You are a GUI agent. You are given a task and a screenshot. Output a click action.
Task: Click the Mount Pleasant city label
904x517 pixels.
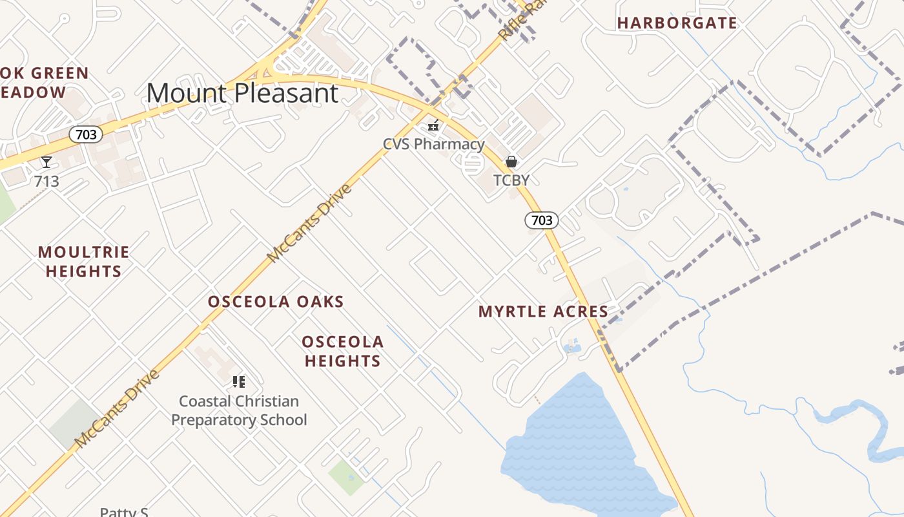tap(242, 93)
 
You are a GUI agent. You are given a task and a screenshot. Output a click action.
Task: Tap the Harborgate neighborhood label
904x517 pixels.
tap(677, 23)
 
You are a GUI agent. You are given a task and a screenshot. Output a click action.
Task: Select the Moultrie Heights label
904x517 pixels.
tap(84, 262)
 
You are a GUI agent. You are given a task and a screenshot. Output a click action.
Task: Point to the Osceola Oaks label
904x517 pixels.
tap(276, 302)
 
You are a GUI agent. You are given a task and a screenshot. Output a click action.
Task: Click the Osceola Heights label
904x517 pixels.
tap(343, 351)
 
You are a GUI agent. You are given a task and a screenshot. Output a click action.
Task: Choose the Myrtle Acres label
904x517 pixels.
tap(543, 311)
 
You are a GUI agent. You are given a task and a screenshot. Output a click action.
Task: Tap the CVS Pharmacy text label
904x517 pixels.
tap(433, 144)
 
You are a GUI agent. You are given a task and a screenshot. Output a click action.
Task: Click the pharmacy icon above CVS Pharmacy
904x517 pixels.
tap(433, 125)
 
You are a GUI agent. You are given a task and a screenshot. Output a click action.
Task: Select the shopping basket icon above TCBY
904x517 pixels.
tap(511, 162)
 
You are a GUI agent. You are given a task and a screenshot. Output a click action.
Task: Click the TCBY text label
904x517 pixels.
tap(511, 180)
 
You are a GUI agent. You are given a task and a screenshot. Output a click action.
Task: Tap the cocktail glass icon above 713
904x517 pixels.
tap(46, 162)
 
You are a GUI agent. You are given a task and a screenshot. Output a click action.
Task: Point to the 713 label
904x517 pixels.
tap(46, 182)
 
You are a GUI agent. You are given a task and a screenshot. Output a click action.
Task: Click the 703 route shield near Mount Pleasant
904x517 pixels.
tap(86, 134)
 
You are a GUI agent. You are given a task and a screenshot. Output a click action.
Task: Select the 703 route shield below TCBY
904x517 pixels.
tap(541, 220)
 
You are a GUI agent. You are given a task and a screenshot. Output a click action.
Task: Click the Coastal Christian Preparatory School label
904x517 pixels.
tap(239, 410)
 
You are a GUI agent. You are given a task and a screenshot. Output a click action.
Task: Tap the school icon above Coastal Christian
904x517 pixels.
tap(239, 382)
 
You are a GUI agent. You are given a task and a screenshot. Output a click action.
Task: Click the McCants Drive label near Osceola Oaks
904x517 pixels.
tap(309, 224)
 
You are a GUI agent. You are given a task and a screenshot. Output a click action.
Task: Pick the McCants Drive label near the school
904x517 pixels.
tap(116, 408)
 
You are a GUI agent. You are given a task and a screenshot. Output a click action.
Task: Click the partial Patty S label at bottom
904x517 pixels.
tap(124, 512)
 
